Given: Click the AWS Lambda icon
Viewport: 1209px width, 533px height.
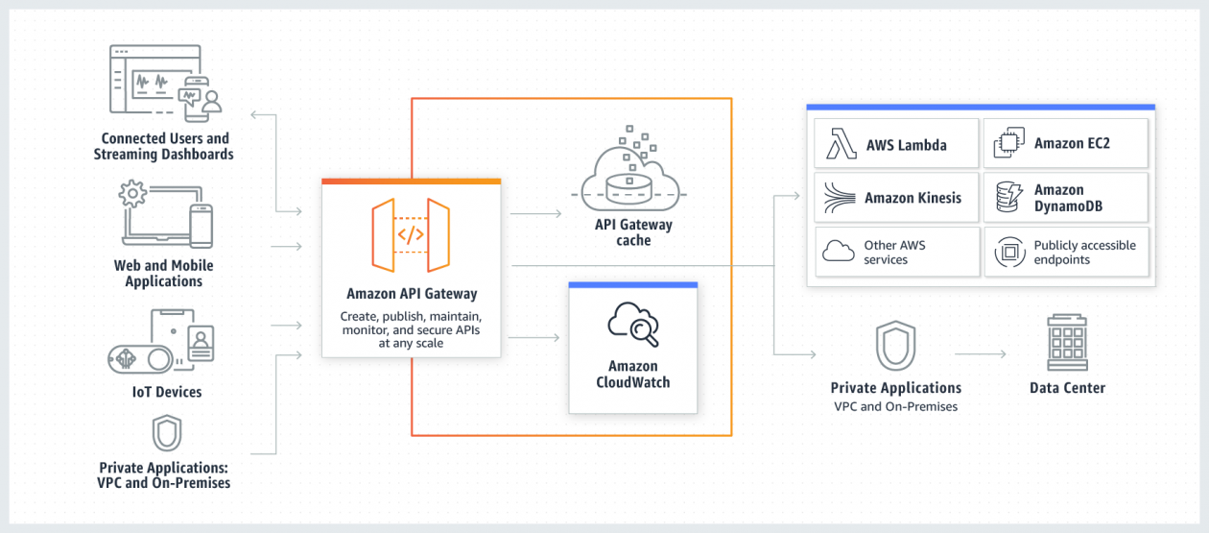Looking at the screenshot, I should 841,145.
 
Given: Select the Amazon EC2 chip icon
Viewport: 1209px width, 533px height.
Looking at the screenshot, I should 1007,144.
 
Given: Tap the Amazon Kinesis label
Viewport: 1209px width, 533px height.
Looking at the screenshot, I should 912,198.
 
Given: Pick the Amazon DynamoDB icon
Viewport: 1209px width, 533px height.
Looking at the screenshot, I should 1007,197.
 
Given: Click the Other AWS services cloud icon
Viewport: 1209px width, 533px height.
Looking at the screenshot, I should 839,252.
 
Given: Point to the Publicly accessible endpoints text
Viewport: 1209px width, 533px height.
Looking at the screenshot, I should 1084,253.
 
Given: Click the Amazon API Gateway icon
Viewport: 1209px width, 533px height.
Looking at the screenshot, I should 411,233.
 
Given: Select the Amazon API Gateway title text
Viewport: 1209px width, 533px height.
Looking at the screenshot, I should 411,294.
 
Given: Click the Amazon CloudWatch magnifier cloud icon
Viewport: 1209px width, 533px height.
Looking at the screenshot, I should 633,326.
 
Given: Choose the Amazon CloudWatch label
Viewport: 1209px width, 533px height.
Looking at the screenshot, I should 633,374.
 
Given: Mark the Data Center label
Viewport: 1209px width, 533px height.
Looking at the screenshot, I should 1067,388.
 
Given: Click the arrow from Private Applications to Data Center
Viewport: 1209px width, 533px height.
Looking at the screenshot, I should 980,354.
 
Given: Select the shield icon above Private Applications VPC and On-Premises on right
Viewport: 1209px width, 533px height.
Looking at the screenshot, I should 895,346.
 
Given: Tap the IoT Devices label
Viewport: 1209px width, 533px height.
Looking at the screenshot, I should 167,392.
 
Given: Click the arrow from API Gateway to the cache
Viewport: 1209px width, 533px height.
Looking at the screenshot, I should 534,214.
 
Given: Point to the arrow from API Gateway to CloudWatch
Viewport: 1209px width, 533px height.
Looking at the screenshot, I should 534,337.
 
